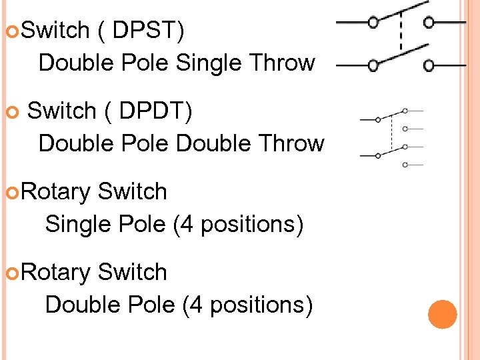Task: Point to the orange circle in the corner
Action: [x=442, y=314]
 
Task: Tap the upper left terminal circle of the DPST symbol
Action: [x=373, y=22]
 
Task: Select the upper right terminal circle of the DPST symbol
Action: [x=429, y=22]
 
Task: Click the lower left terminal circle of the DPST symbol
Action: [x=373, y=66]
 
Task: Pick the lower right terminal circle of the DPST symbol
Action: [x=429, y=66]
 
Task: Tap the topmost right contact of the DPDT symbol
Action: [x=405, y=110]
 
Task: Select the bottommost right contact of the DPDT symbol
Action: [x=405, y=163]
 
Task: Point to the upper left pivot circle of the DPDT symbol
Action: [x=378, y=120]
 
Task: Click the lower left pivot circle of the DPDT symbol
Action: [x=378, y=155]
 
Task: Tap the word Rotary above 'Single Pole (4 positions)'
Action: [x=56, y=192]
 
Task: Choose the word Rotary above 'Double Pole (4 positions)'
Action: [x=56, y=273]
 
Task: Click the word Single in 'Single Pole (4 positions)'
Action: [x=73, y=225]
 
